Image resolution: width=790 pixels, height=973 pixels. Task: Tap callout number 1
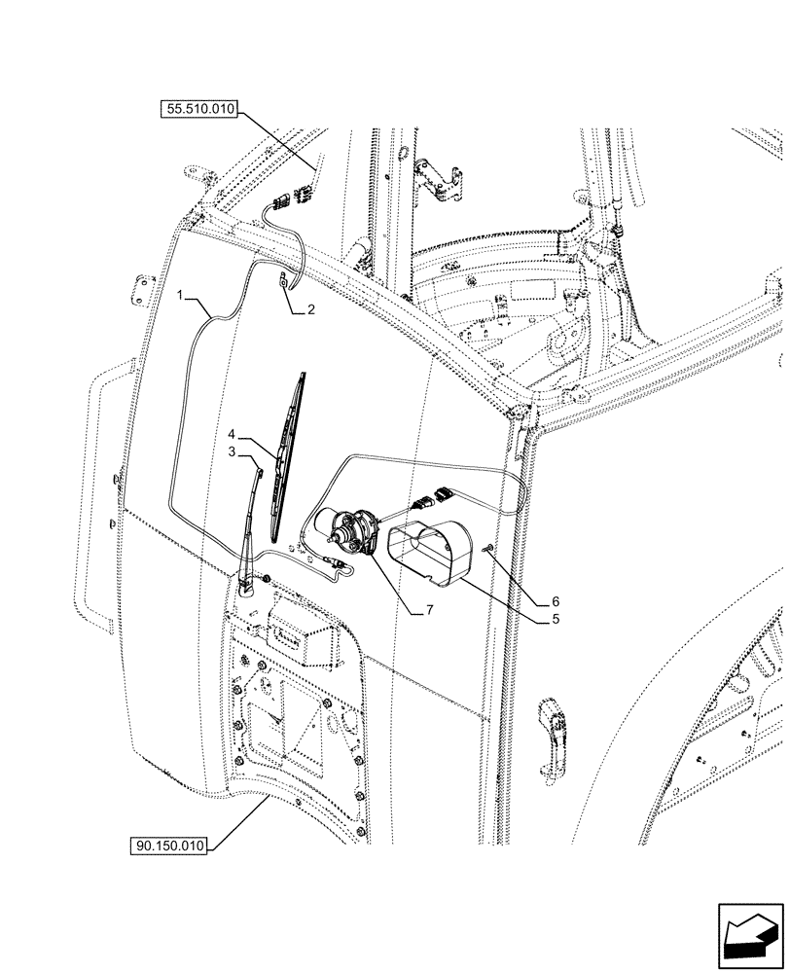182,292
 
